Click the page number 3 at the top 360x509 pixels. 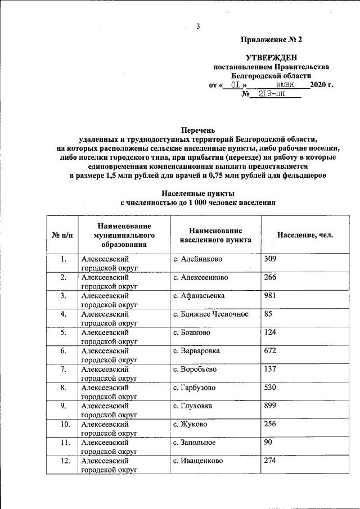coord(198,25)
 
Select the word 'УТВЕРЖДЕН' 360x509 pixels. coord(271,58)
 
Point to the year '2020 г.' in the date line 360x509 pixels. coord(321,85)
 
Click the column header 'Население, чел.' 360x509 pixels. coord(305,235)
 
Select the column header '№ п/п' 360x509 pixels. coord(62,235)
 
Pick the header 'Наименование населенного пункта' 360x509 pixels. coord(215,235)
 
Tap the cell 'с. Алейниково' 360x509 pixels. coord(197,259)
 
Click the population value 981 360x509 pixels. coord(271,295)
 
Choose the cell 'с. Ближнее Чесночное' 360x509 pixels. coord(210,314)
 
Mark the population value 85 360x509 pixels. coord(268,314)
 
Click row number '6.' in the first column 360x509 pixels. coord(64,351)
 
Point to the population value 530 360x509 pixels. coord(271,388)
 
